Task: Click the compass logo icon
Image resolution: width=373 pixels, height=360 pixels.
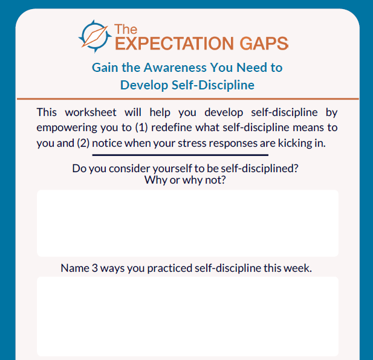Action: coord(95,36)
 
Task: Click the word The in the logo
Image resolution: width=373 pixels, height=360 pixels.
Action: coord(126,30)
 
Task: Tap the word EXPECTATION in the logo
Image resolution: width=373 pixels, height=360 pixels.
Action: coord(175,43)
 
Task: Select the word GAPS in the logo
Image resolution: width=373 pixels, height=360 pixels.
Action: coord(264,43)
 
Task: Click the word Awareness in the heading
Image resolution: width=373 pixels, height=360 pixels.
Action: coord(175,68)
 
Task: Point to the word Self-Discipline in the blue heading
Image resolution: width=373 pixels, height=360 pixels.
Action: coord(213,85)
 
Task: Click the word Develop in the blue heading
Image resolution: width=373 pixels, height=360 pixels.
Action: coord(144,85)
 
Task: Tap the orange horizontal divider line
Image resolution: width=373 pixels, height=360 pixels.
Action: coord(187,98)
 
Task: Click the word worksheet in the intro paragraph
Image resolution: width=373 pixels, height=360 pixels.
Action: coord(91,112)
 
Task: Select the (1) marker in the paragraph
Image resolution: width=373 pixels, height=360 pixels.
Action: coord(141,127)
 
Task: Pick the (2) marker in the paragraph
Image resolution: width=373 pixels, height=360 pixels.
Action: coord(83,143)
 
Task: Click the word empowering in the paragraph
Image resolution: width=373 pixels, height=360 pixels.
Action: coord(67,128)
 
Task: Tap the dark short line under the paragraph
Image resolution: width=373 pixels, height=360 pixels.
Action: coord(180,155)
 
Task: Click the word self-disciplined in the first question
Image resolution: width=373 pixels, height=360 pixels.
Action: coord(259,169)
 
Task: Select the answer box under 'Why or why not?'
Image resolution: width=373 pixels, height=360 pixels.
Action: coord(187,223)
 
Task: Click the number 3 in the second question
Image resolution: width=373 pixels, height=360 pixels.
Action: coord(95,268)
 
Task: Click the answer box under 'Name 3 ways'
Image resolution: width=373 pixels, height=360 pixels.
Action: coord(187,317)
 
